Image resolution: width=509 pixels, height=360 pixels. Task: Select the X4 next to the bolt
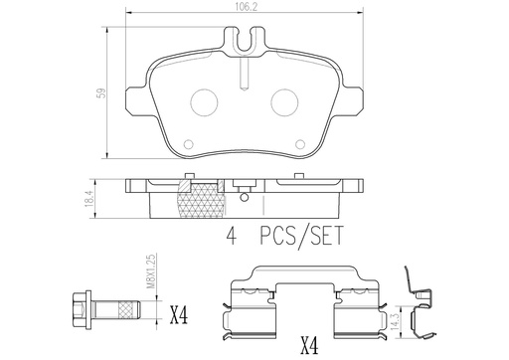pos(180,318)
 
